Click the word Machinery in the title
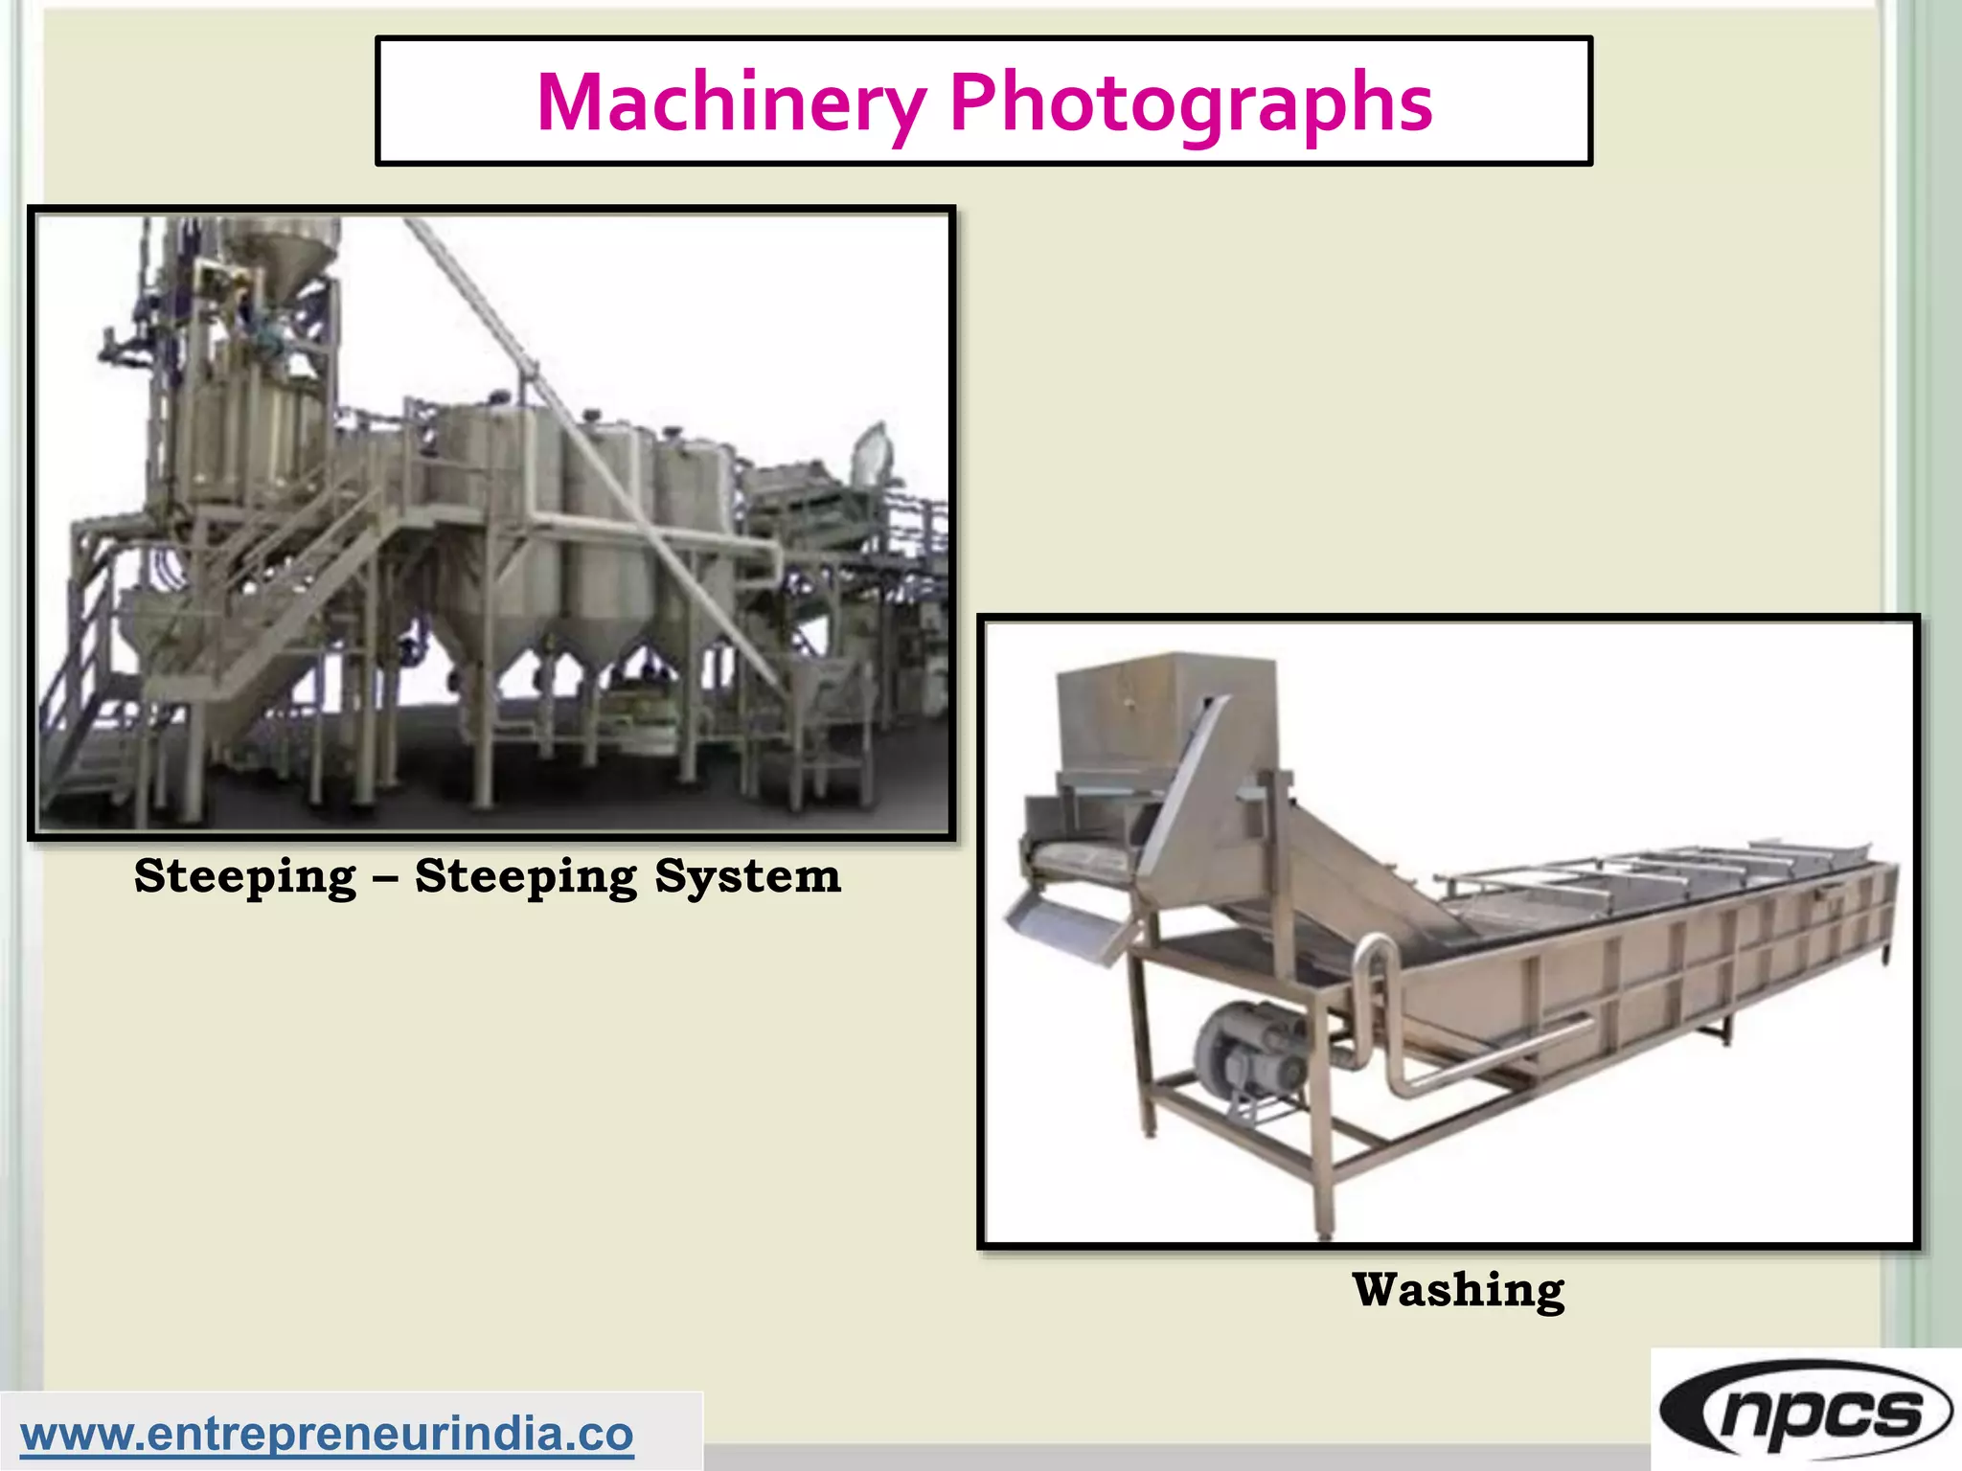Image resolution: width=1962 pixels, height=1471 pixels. (x=732, y=103)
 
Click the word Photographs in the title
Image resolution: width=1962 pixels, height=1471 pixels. (x=1191, y=103)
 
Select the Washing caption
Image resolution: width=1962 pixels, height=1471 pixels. (x=1458, y=1290)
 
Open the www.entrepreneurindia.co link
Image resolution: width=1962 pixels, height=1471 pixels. (x=327, y=1434)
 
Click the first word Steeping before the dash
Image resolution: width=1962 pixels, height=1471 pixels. (x=245, y=876)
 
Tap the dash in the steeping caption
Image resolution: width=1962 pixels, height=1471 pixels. (x=385, y=877)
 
